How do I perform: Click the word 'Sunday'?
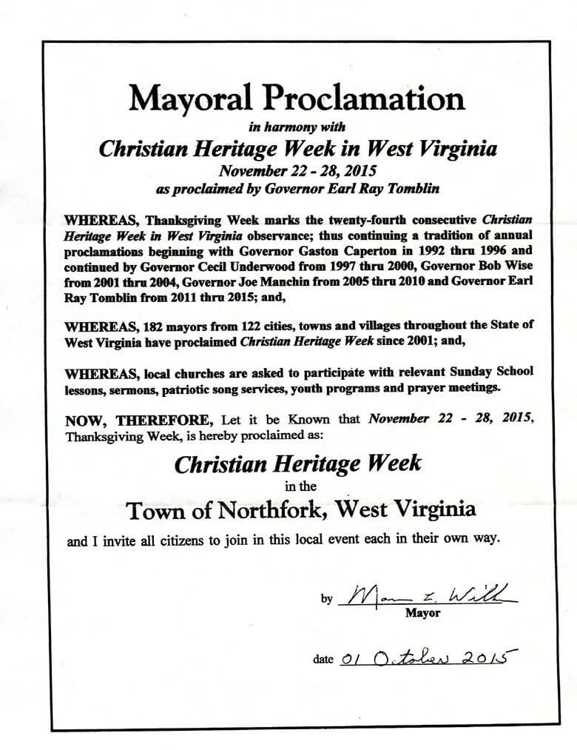[x=458, y=372]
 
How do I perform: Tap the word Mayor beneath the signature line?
[x=423, y=613]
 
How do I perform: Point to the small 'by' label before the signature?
[x=326, y=600]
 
